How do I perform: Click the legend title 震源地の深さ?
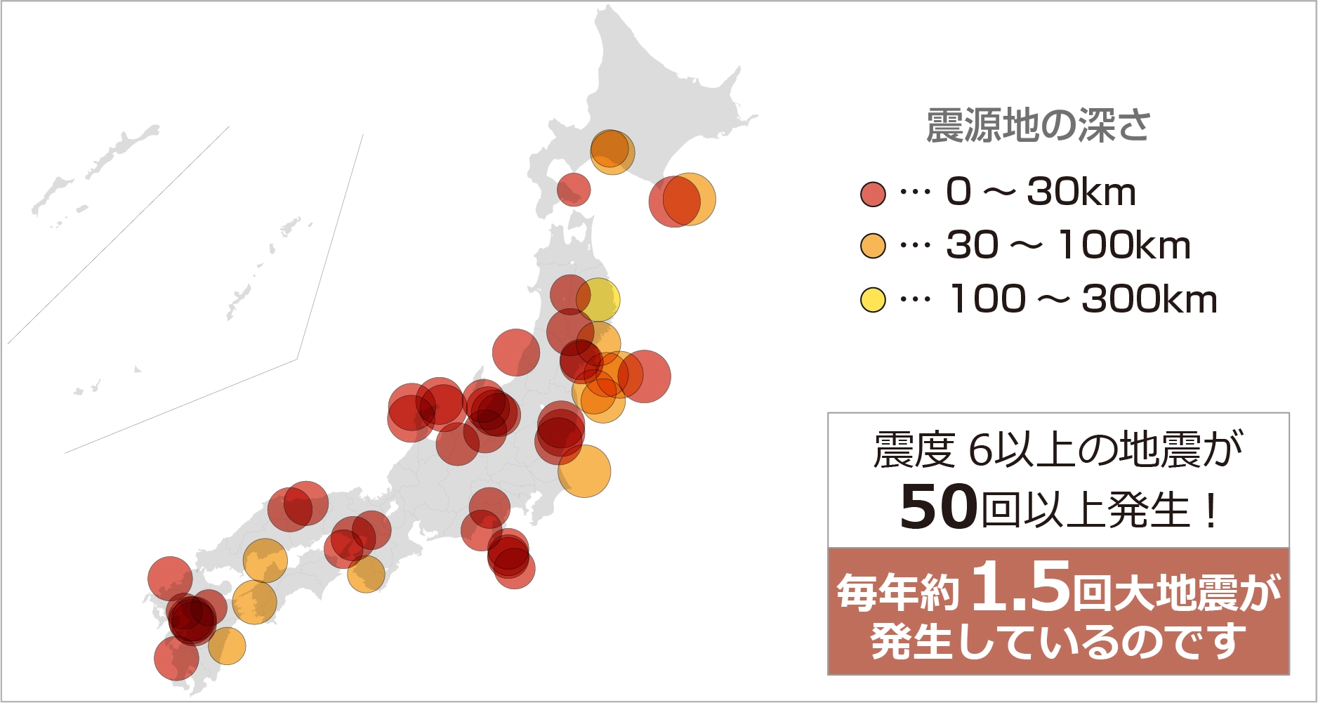tap(1038, 126)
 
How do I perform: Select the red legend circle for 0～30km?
tap(873, 193)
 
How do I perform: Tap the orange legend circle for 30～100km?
tap(873, 246)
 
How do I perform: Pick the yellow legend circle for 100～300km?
tap(873, 300)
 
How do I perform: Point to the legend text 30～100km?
tap(1068, 246)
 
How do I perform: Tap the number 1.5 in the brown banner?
tap(1022, 585)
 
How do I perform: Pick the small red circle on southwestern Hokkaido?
tap(574, 189)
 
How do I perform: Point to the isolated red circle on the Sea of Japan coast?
tap(516, 352)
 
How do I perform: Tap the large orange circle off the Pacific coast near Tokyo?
tap(585, 471)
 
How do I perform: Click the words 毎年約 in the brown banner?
tap(897, 592)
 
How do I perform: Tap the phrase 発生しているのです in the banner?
tap(1058, 640)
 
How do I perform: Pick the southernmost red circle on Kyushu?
tap(176, 658)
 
